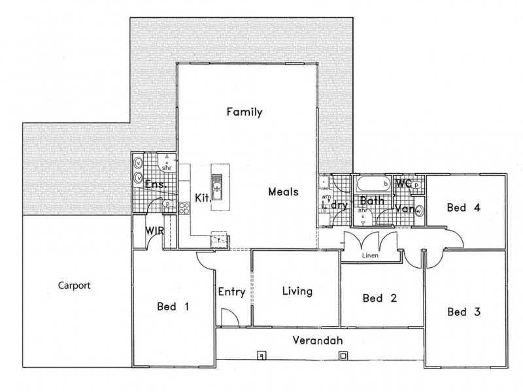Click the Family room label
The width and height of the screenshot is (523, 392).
[244, 112]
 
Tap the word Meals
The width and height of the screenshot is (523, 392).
[283, 192]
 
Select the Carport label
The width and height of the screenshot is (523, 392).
[73, 286]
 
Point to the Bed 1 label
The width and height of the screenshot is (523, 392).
[173, 306]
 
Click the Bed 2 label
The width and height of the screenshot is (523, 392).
[380, 299]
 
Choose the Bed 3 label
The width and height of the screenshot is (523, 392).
[464, 312]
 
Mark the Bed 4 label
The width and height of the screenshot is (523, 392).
[464, 208]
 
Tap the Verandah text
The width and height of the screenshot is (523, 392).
[317, 341]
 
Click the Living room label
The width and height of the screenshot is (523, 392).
[297, 291]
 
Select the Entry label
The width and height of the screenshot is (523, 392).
[231, 292]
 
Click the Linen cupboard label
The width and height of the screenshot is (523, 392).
[371, 256]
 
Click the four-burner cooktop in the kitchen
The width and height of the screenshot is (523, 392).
[184, 209]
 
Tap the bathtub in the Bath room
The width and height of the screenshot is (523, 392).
[372, 184]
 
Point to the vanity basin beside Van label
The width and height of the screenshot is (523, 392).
[418, 211]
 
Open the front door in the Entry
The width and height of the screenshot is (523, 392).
[228, 318]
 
